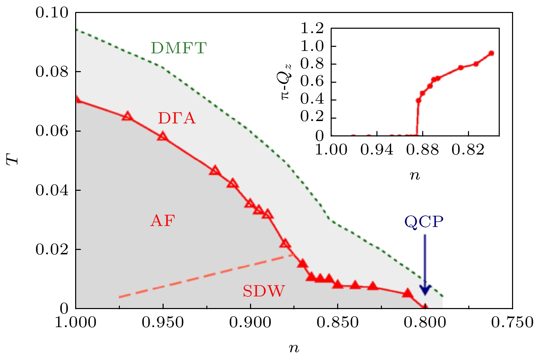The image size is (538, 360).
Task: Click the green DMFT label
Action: [x=179, y=48]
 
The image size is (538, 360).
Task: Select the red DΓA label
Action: [x=177, y=118]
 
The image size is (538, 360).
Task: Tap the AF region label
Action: [x=163, y=221]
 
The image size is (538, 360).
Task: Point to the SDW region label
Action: [x=263, y=291]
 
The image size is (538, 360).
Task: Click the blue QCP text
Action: [x=424, y=222]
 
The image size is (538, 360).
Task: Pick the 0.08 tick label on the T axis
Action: [x=52, y=72]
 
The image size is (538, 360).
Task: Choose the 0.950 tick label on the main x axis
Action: [x=163, y=322]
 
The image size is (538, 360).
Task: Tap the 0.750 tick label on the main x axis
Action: [x=512, y=322]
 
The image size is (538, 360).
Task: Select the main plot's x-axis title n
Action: [x=294, y=348]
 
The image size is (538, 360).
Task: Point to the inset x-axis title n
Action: [x=415, y=176]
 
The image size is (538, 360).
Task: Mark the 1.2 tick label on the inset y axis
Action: [x=312, y=28]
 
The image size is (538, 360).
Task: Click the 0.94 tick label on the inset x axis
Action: [x=377, y=150]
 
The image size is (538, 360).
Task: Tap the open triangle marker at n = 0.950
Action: [x=163, y=136]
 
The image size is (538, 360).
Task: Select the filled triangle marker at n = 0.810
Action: [x=407, y=293]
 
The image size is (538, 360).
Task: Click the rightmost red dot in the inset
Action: [x=491, y=53]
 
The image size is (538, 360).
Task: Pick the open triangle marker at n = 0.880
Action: [x=285, y=244]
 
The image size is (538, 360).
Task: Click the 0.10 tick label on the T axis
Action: [x=52, y=13]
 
